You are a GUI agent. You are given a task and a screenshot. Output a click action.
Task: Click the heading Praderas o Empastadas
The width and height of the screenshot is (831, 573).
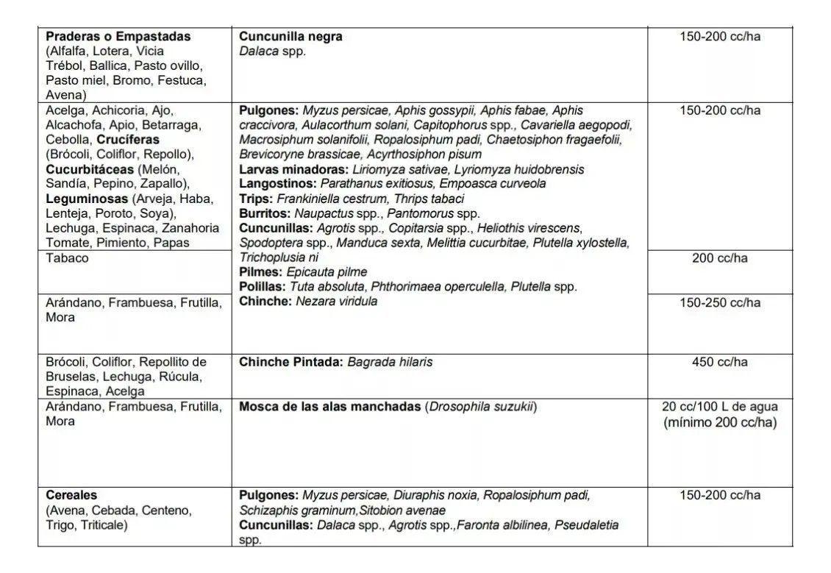(x=118, y=36)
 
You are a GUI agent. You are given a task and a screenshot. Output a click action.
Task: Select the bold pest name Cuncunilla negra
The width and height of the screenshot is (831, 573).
(x=290, y=36)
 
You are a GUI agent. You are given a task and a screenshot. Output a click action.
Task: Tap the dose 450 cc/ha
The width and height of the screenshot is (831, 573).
(x=719, y=362)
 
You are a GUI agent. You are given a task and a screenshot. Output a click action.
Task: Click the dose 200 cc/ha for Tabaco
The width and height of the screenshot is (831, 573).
(x=719, y=258)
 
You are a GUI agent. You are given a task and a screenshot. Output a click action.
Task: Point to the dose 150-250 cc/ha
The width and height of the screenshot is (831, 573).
(x=719, y=302)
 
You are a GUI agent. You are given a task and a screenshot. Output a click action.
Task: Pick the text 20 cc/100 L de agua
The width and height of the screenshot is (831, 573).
(x=719, y=407)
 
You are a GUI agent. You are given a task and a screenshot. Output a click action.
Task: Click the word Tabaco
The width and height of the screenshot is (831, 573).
(x=67, y=258)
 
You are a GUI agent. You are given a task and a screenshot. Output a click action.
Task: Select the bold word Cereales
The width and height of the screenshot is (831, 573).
(x=71, y=495)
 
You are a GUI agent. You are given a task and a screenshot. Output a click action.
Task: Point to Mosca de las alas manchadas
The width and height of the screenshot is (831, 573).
(x=329, y=407)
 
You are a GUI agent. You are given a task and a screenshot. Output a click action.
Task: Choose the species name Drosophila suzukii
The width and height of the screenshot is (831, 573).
(x=480, y=407)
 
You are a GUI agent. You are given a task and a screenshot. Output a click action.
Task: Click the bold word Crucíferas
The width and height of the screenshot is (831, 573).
(x=126, y=140)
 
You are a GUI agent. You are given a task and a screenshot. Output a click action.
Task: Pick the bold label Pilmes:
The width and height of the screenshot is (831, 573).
(x=260, y=272)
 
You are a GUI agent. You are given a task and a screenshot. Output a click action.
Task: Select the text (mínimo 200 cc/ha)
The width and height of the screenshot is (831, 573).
(x=719, y=422)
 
